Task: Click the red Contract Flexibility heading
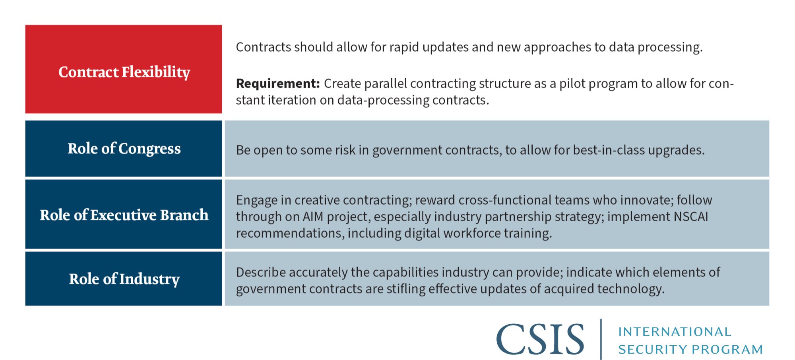pos(124,72)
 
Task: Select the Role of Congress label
pos(124,149)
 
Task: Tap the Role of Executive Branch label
pos(124,215)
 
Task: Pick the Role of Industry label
pos(124,279)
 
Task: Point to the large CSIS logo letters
pos(540,339)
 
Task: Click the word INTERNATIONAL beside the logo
pos(675,331)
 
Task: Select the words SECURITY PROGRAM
pos(690,349)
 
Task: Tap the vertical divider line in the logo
pos(601,339)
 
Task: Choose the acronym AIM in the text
pos(313,217)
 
